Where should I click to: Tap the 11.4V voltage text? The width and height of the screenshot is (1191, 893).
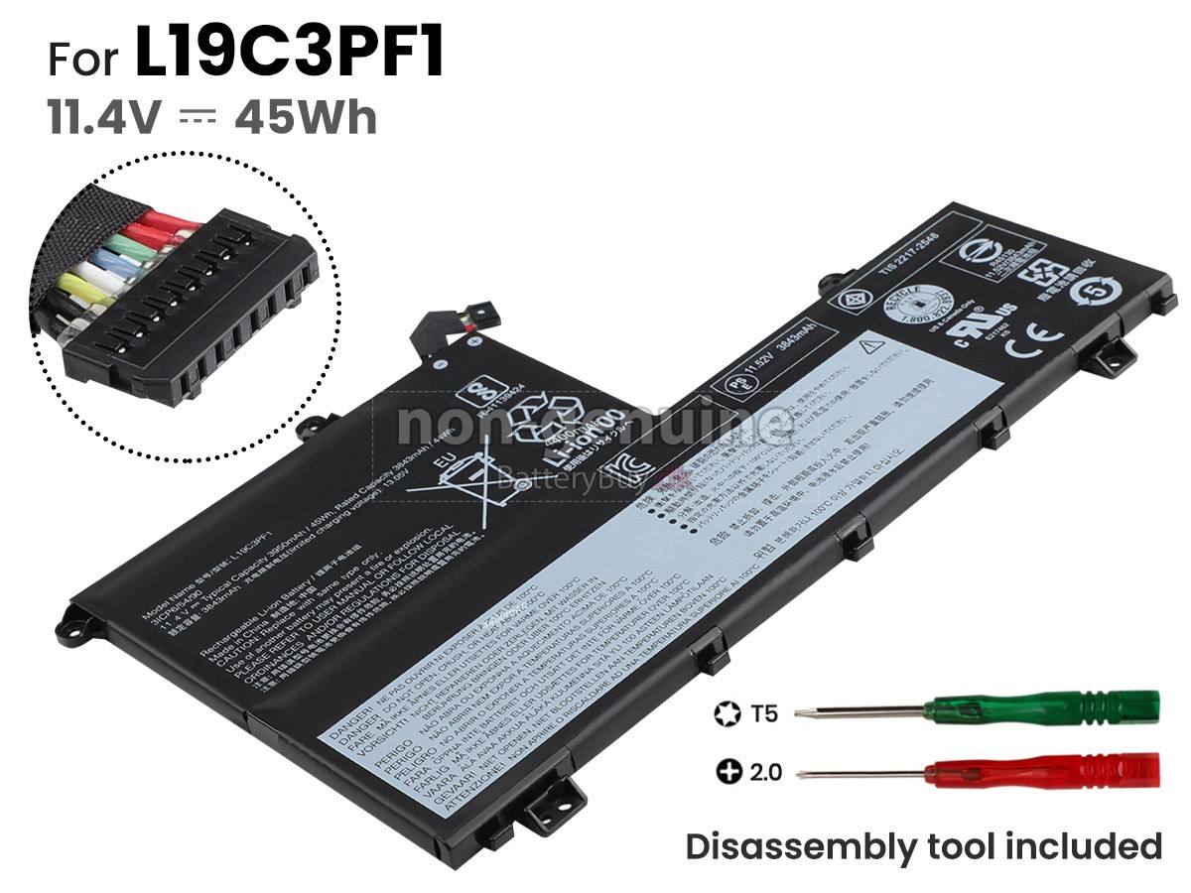103,118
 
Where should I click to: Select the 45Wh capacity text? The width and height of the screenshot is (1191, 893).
306,118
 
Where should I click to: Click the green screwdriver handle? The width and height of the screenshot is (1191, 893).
1042,708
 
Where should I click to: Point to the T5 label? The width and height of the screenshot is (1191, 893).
765,711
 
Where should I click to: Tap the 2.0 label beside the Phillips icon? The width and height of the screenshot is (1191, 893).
767,770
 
